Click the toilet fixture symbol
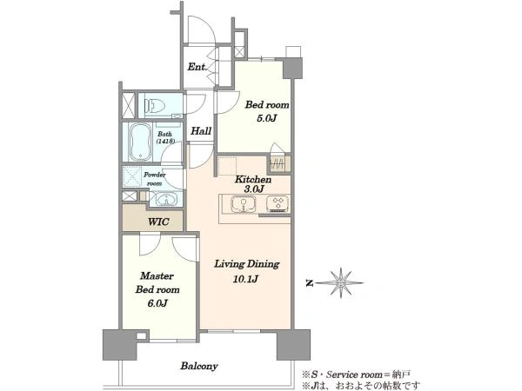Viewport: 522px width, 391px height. [x=155, y=106]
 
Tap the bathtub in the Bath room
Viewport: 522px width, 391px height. [x=140, y=142]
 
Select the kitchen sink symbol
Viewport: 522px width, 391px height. [x=244, y=203]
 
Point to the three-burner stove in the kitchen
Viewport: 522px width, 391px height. [x=278, y=203]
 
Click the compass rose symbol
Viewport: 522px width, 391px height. [x=340, y=283]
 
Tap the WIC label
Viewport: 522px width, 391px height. [x=158, y=222]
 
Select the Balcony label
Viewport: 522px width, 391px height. [x=199, y=366]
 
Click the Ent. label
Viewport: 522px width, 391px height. [x=197, y=67]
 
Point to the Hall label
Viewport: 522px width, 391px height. [x=201, y=130]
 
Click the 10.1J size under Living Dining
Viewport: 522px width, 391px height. [x=245, y=279]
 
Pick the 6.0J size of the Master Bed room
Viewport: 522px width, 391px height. [x=157, y=303]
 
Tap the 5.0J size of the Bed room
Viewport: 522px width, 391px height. [x=267, y=118]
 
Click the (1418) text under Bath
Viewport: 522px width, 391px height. [x=165, y=141]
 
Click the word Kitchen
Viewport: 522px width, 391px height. [x=253, y=180]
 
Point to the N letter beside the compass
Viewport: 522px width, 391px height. [x=309, y=283]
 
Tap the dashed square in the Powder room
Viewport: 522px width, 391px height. [x=132, y=176]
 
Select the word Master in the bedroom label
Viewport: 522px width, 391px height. [x=157, y=276]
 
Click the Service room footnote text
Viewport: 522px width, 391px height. [x=356, y=374]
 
